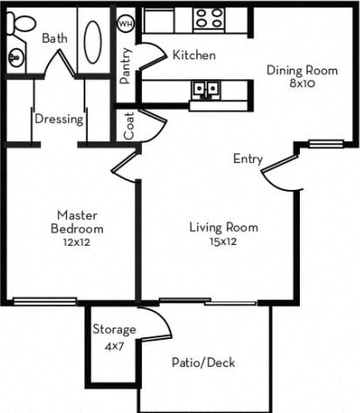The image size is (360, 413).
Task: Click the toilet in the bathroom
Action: (17, 25)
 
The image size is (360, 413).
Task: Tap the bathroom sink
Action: (17, 58)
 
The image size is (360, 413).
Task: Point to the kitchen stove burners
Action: (207, 19)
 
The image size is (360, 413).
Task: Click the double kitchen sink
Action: (206, 89)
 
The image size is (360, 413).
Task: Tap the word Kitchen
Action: (194, 56)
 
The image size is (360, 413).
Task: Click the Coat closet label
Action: (129, 128)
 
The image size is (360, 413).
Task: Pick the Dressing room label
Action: (59, 118)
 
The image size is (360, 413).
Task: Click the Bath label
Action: (54, 38)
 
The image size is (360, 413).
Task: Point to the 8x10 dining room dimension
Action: (301, 85)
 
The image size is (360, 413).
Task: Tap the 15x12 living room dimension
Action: (223, 241)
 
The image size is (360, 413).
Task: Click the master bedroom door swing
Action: (126, 166)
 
